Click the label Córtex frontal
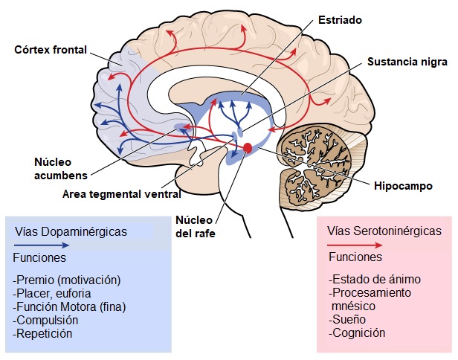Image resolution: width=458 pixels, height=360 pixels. click(50, 51)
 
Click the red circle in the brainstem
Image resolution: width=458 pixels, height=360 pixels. click(248, 149)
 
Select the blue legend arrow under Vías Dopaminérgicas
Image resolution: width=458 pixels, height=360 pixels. click(44, 245)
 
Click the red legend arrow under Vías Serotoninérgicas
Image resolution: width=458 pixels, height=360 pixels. click(355, 245)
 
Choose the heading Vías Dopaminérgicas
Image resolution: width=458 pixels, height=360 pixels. click(71, 232)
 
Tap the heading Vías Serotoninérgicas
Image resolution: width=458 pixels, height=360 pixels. click(381, 232)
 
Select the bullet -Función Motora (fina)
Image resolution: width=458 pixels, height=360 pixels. click(70, 306)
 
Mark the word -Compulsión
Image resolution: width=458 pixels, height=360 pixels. click(46, 320)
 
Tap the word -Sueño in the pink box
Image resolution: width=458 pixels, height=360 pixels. click(346, 320)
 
